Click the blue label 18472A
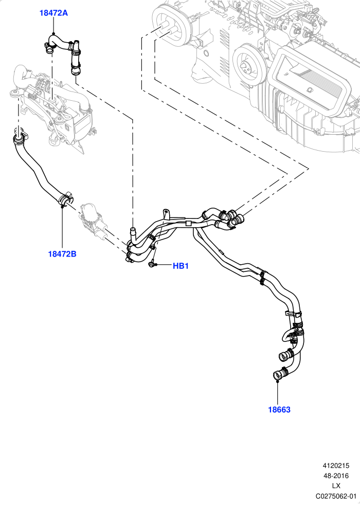pos(53,13)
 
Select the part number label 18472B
pos(62,254)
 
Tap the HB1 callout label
pos(181,266)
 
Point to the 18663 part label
pos(279,410)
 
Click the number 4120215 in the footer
pos(336,466)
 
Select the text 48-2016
pos(336,476)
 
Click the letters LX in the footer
pos(336,486)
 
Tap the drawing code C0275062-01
pos(336,496)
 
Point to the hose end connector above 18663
pos(280,373)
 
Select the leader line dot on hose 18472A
pos(54,33)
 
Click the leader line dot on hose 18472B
pos(62,206)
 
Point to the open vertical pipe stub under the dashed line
pos(133,232)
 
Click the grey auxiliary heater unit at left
pos(52,107)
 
